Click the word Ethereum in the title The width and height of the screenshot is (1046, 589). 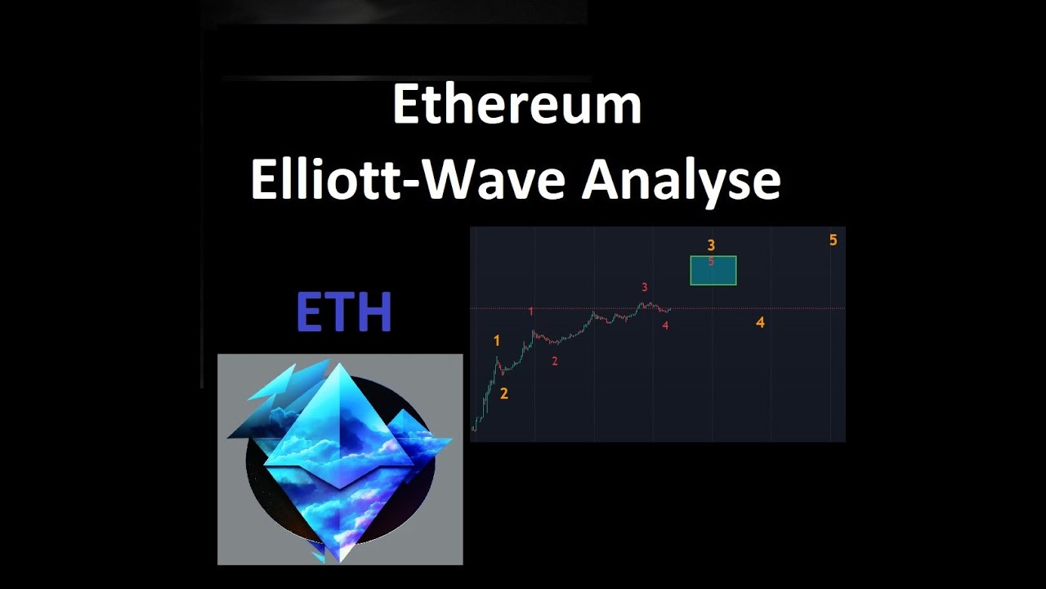[x=516, y=105]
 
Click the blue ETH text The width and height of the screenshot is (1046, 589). [x=344, y=312]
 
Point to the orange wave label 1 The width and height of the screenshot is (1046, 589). [x=497, y=341]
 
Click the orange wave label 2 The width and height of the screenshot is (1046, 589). [x=504, y=393]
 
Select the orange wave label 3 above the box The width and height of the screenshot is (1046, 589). [x=712, y=245]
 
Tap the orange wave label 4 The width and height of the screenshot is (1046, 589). [x=760, y=322]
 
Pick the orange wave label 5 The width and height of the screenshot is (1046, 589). [x=834, y=240]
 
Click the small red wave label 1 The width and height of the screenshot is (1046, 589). [x=531, y=312]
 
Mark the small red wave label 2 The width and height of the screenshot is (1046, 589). [x=555, y=361]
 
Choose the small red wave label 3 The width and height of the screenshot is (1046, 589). [x=645, y=287]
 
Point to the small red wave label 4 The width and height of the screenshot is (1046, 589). [x=666, y=326]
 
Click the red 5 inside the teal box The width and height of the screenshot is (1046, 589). [x=711, y=261]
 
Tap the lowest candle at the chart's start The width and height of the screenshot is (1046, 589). [x=474, y=428]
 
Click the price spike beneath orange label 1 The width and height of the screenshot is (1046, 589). [x=497, y=358]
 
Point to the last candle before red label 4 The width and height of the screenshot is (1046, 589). [x=669, y=309]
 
